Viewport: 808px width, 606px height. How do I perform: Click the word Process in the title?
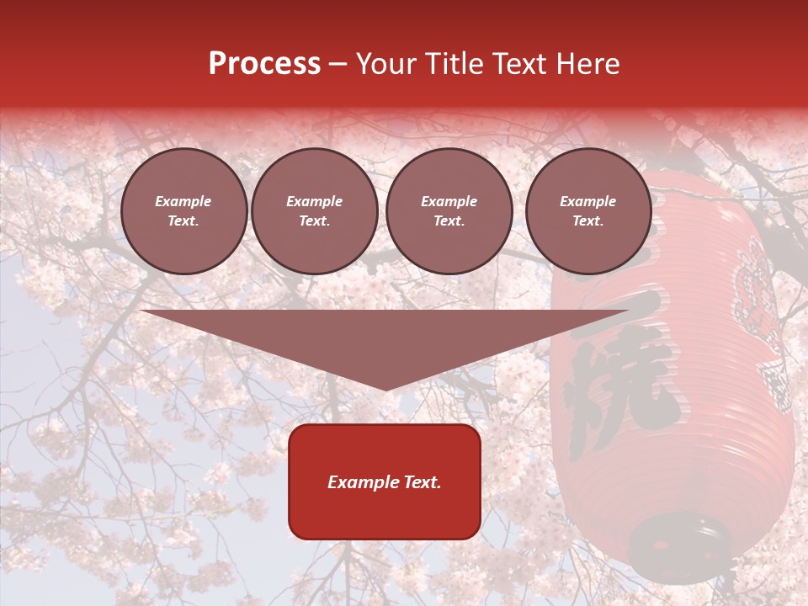[x=264, y=64]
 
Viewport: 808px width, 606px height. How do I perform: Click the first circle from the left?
[x=183, y=211]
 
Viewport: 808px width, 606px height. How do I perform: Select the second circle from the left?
[x=314, y=211]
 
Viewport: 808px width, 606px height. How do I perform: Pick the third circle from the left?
[x=449, y=211]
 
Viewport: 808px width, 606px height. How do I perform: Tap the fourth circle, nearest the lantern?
[x=588, y=211]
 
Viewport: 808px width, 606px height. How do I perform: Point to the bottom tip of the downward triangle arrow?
[x=385, y=389]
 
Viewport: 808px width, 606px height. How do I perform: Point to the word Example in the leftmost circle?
[x=183, y=201]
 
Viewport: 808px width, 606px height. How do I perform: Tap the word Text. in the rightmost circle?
[x=588, y=221]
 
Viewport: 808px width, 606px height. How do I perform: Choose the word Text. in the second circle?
[x=314, y=221]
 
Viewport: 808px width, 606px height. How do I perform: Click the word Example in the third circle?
[x=449, y=201]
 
